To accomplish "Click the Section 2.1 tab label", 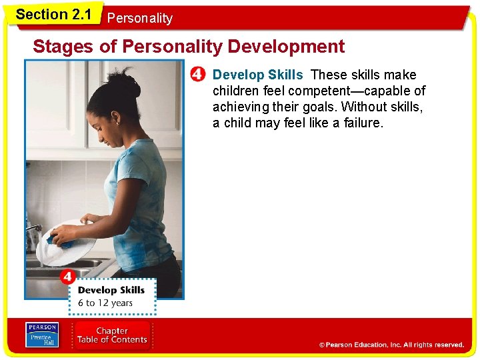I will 53,15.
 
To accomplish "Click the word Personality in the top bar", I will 139,19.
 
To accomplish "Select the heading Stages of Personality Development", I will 189,47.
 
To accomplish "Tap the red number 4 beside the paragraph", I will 198,75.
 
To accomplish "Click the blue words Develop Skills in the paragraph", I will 257,75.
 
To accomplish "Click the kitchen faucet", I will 33,230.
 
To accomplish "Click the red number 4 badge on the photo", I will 67,276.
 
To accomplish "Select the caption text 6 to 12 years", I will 105,303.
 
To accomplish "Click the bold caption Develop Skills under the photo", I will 111,290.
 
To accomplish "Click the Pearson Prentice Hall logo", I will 41,334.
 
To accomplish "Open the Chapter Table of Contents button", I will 112,335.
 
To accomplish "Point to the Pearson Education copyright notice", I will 391,345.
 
